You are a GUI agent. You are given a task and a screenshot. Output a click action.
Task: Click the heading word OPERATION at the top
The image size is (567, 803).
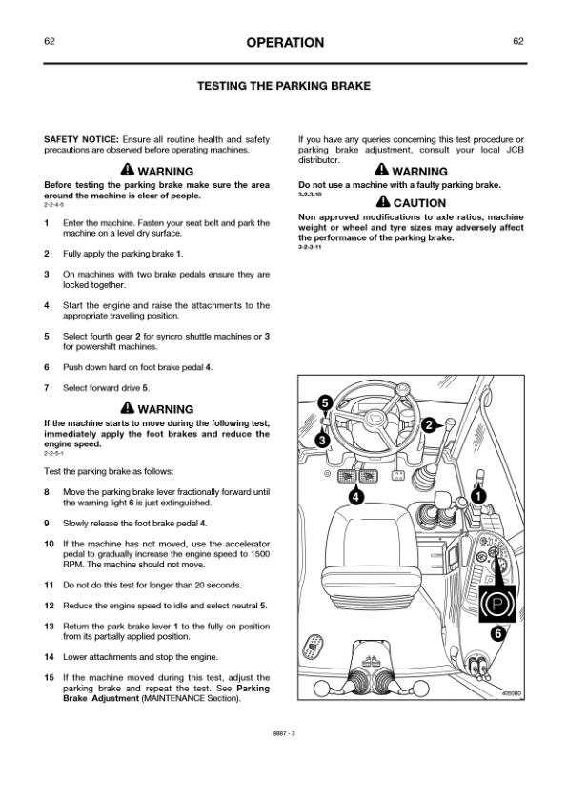coord(285,43)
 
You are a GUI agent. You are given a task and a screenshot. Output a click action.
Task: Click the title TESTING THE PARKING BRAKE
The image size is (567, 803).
coord(284,86)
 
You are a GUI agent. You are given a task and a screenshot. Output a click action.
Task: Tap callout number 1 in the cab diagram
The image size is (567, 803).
coord(478,496)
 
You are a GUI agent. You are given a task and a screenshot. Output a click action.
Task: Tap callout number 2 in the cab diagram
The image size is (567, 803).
coord(429,424)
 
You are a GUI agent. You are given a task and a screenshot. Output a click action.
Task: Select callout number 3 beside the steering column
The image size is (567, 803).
coord(323,440)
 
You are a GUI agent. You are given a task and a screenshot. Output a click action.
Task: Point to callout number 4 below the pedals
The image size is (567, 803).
coord(356,496)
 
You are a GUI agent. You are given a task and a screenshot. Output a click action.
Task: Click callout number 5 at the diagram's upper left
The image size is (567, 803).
coord(325,403)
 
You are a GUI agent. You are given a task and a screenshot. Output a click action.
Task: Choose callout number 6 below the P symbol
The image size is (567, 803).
coord(498,634)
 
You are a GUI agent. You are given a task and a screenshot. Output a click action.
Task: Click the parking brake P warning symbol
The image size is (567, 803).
coord(497,605)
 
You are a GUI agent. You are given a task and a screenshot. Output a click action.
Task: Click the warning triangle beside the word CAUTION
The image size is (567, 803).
coord(383,202)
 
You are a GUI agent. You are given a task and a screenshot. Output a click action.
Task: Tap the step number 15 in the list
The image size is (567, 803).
coord(50,677)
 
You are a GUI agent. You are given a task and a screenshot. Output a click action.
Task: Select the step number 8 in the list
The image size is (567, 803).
coord(47,492)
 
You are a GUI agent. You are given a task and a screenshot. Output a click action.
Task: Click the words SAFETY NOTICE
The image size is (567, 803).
coord(81,139)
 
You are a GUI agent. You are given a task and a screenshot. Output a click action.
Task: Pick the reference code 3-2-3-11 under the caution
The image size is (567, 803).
coord(310,247)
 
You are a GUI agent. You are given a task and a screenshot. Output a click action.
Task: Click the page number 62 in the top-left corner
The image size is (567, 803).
coord(50,41)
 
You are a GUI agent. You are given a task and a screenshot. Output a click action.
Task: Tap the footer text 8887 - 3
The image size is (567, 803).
coord(284,733)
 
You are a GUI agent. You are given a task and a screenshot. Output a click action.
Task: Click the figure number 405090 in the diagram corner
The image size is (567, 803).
coord(511,694)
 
